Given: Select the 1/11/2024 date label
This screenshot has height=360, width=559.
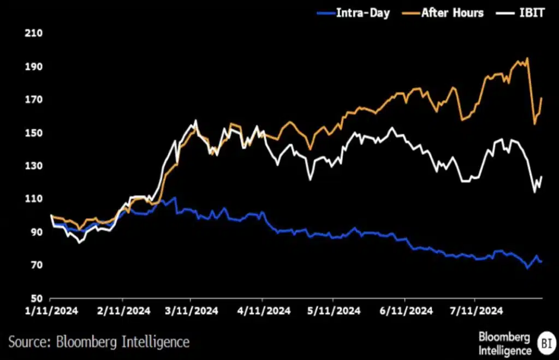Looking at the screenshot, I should (50, 311).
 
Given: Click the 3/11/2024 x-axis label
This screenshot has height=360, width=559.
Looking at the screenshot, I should (191, 311).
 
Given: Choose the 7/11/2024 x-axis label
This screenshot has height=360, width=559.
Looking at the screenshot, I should (474, 311).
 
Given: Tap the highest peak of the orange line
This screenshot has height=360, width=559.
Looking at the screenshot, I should (527, 58).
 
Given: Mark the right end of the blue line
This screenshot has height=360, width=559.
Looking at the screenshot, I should (541, 262).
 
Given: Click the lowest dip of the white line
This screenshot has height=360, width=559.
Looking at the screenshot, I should (80, 242).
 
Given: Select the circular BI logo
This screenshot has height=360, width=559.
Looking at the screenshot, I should (544, 343).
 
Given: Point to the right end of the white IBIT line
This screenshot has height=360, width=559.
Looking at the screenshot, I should (542, 177).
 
